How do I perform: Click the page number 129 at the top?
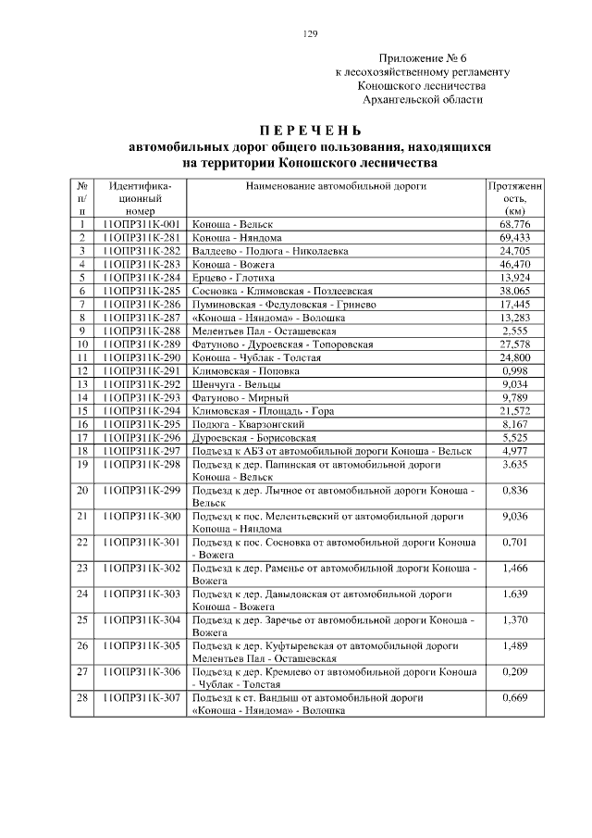311,34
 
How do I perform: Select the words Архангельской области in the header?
422,99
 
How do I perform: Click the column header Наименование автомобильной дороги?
335,186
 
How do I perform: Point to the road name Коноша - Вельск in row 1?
227,225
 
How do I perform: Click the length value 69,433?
514,238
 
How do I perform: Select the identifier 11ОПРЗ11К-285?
140,290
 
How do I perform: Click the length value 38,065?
514,290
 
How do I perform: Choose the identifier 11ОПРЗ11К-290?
140,357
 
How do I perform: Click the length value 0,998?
514,370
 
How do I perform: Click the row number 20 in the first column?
82,490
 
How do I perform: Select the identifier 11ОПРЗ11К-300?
140,516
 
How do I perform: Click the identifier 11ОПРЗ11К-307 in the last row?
140,696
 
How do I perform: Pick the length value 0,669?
514,696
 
